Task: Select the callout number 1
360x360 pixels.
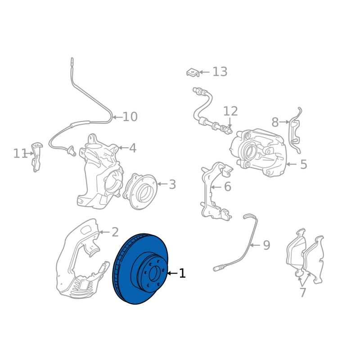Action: point(182,273)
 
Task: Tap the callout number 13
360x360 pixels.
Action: point(220,72)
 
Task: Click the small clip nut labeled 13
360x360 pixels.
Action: point(193,72)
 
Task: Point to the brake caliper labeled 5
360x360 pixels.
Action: point(258,152)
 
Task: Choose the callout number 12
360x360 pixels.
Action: point(230,111)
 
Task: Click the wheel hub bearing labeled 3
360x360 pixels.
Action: point(140,192)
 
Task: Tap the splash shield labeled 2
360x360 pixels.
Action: point(81,259)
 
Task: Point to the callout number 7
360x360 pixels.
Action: point(303,292)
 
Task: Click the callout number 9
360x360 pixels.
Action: point(266,245)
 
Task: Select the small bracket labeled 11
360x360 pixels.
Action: point(36,157)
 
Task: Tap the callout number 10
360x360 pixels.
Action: point(130,117)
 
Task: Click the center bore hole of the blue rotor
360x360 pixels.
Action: point(153,274)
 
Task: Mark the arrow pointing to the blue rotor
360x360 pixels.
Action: point(172,273)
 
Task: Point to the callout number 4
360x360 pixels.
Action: point(133,148)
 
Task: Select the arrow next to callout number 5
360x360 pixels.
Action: point(292,164)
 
